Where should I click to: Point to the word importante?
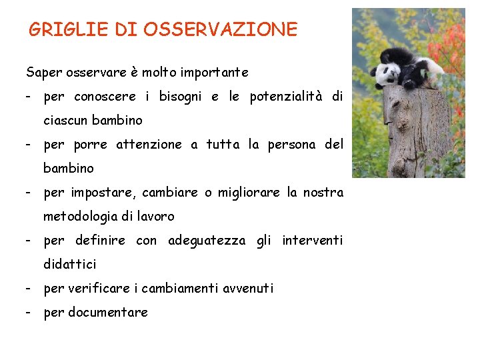[x=215, y=72]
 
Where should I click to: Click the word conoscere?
[x=105, y=97]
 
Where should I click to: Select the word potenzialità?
[x=285, y=97]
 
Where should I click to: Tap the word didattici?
[x=70, y=264]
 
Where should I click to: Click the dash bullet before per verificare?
[x=29, y=288]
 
